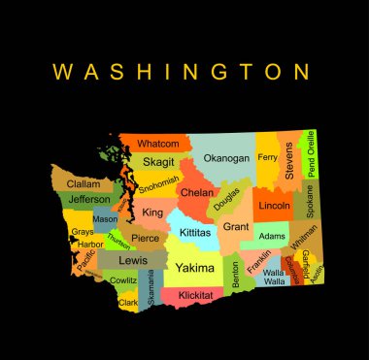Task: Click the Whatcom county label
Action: click(x=157, y=144)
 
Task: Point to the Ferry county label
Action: click(x=267, y=156)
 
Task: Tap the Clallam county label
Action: click(x=84, y=183)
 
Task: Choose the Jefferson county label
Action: click(x=90, y=200)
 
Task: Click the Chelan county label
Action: click(x=197, y=192)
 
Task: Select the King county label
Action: click(x=152, y=211)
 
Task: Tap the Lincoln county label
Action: click(x=276, y=206)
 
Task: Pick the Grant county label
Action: click(x=236, y=226)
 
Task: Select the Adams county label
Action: click(x=272, y=236)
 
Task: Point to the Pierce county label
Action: click(x=144, y=238)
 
